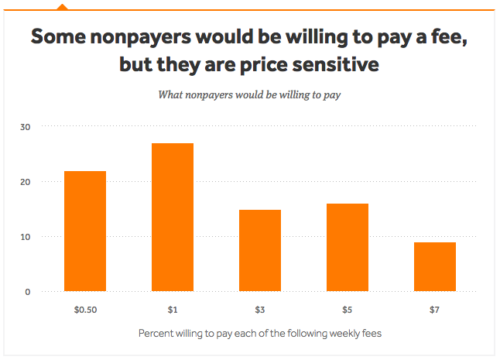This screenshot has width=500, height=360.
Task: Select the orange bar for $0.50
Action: coord(85,231)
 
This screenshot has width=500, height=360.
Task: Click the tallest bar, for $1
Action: coord(173,217)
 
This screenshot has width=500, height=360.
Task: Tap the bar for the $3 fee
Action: coord(260,250)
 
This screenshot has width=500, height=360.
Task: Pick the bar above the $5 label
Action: coord(348,247)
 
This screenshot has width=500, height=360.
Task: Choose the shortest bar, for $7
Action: coord(435,266)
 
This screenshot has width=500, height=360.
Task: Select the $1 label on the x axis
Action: coord(173,310)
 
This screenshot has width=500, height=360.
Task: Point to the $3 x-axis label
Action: coord(260,310)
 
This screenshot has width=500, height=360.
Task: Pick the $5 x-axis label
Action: coord(348,310)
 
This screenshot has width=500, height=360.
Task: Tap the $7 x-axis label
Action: coord(435,310)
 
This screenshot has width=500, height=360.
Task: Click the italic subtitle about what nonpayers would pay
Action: coord(250,95)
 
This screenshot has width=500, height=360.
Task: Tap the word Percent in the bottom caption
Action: coord(158,334)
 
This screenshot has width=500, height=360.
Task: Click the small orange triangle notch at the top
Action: coord(63,6)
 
